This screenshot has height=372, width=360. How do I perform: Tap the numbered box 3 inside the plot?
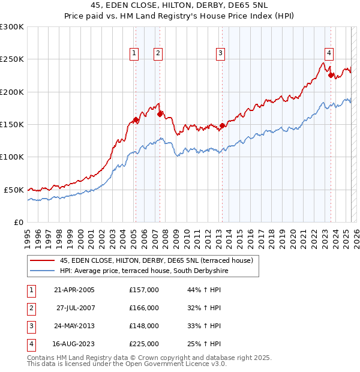coord(220,53)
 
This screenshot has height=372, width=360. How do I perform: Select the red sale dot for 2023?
coord(330,75)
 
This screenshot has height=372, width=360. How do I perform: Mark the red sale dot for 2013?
coord(222,125)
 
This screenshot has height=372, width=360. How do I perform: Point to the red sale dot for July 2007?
coord(160,113)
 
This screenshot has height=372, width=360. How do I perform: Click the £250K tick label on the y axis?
coord(11,59)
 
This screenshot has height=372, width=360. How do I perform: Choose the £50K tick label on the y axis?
coord(14,190)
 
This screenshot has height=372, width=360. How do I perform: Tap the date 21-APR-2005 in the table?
coord(74,290)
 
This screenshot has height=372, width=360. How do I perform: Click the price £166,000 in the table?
coord(144,308)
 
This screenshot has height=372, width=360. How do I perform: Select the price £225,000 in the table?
coord(144,344)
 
